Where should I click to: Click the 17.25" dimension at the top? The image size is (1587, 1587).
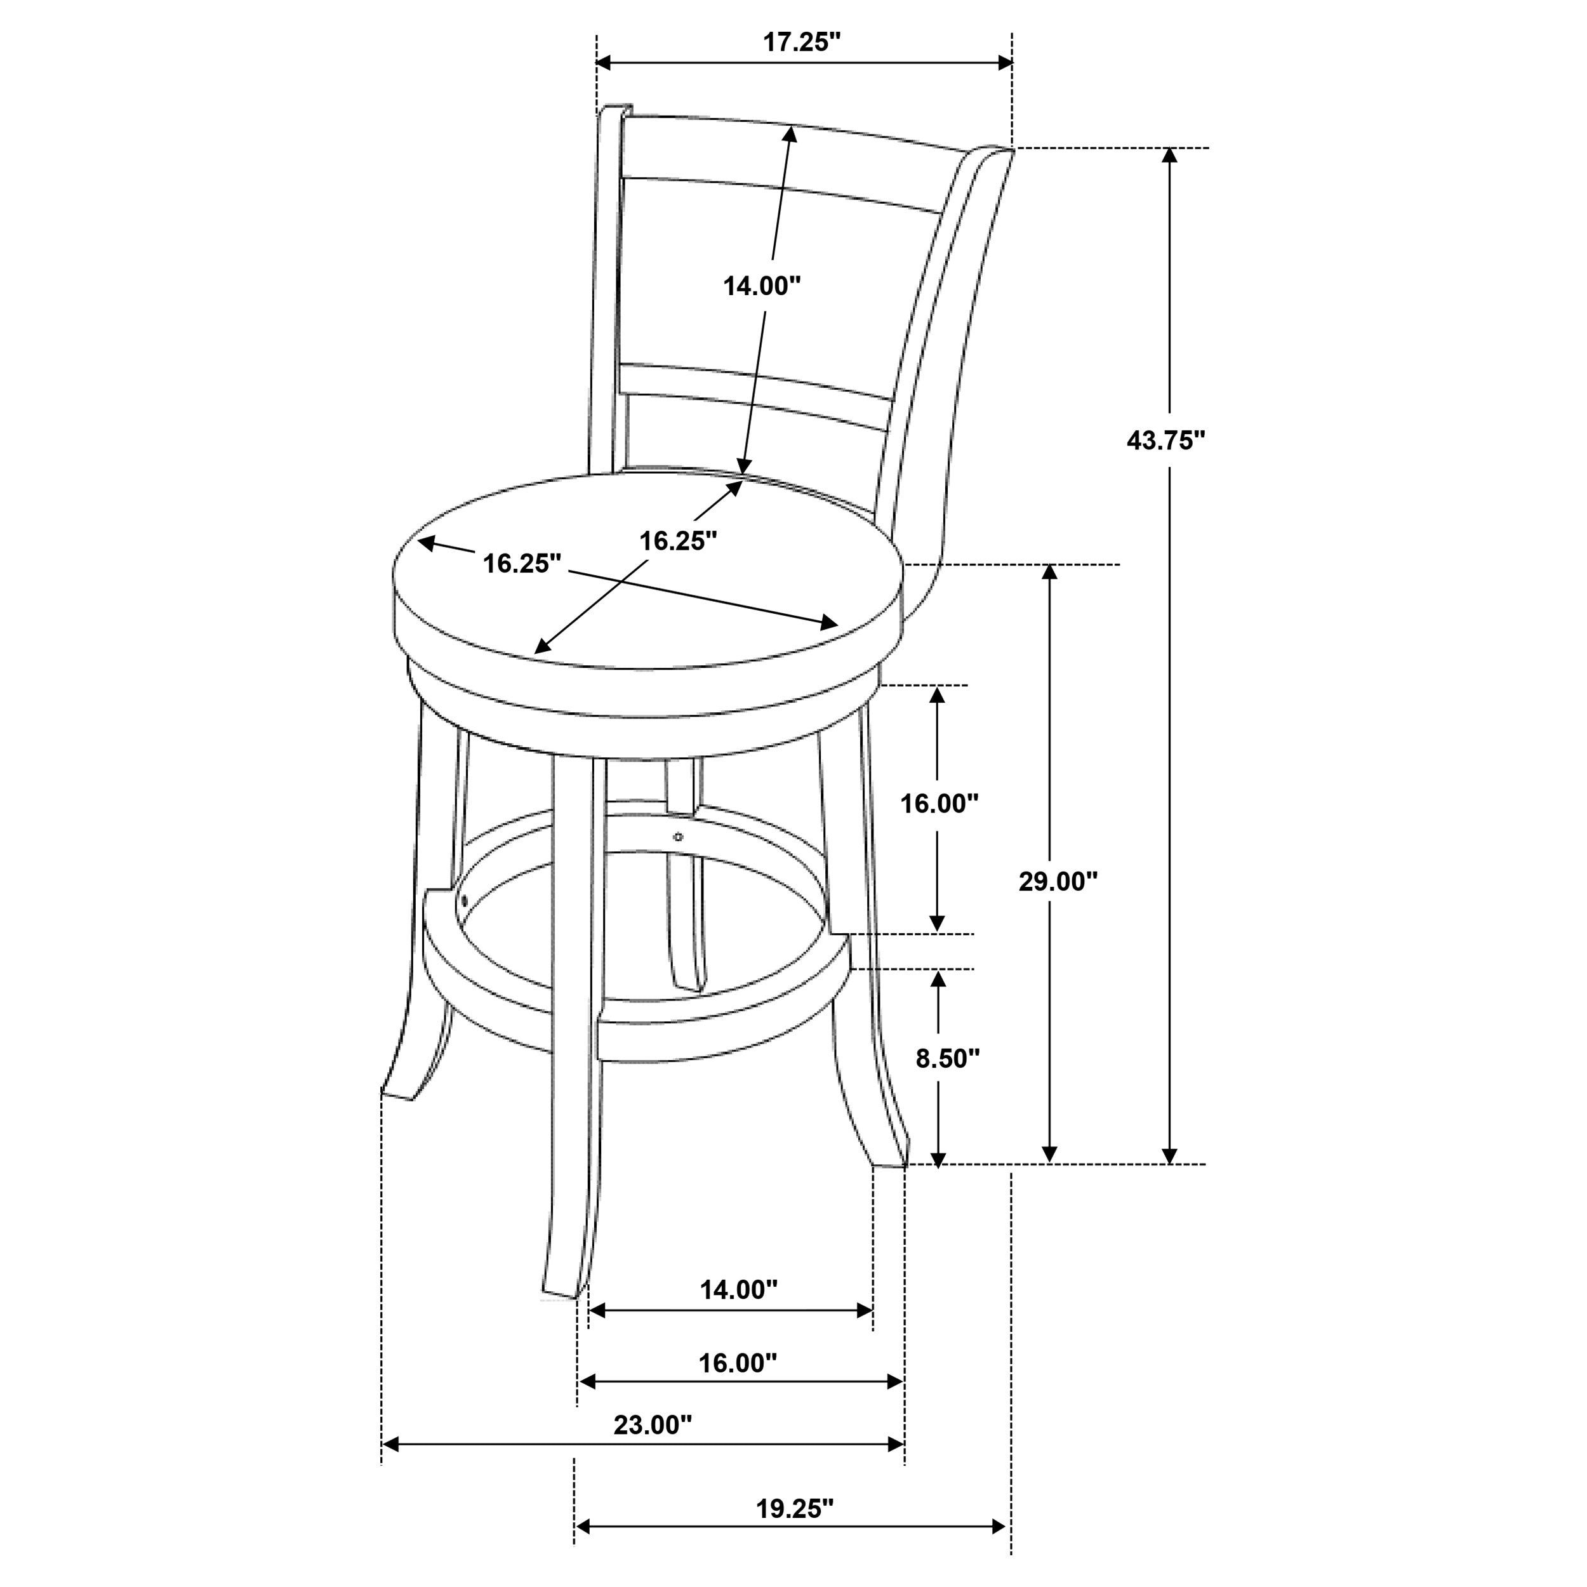click(802, 43)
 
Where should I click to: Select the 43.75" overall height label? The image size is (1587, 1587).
click(1165, 441)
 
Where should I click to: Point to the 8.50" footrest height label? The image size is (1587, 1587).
click(948, 1058)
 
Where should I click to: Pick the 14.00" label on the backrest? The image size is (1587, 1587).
click(762, 286)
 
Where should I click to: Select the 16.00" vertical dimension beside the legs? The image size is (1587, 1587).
click(940, 804)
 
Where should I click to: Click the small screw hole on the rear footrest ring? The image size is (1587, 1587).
click(678, 837)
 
